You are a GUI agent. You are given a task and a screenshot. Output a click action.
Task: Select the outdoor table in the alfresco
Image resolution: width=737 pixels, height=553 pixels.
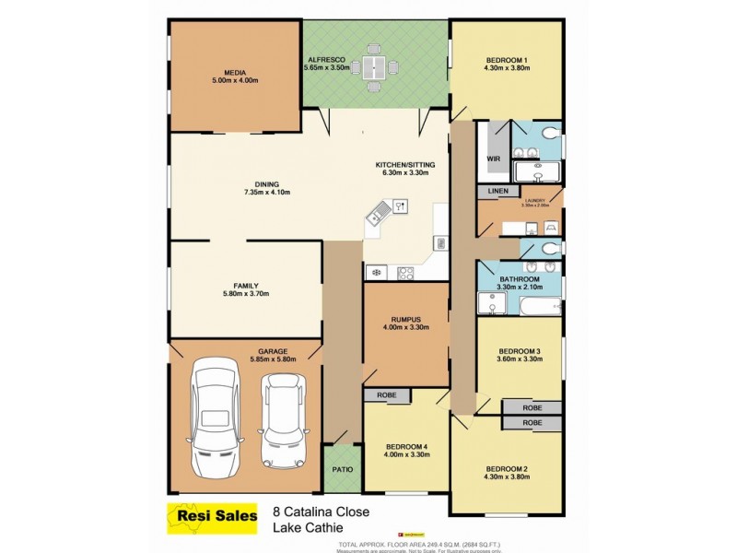coord(374,66)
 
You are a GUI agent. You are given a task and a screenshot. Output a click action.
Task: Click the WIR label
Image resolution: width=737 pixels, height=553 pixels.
coord(492,158)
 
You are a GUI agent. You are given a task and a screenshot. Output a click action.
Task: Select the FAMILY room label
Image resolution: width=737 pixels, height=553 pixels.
coord(245,286)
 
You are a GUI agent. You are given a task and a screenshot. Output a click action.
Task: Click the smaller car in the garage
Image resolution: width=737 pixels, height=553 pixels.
coord(280,421)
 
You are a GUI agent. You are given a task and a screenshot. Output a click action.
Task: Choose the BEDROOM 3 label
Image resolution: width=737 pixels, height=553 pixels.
coord(520,351)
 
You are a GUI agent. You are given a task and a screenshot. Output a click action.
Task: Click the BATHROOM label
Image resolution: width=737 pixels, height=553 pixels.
coord(520,278)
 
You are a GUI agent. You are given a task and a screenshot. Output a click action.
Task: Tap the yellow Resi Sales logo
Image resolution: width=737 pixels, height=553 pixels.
coord(211,516)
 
